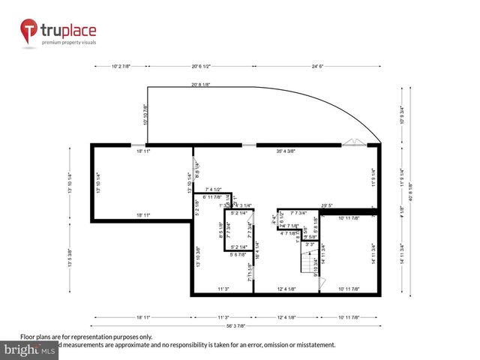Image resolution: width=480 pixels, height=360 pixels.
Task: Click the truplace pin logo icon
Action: coord(29,32)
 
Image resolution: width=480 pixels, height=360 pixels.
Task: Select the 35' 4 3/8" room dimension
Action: coord(286,151)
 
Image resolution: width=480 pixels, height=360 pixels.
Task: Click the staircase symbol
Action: coord(306,262)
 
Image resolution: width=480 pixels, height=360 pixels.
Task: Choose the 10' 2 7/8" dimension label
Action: coord(121,66)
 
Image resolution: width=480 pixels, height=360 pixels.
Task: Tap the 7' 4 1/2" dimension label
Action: coord(207,189)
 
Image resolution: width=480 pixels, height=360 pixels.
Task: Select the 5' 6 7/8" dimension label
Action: coord(239,255)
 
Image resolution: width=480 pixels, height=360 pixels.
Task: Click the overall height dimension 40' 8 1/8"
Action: coord(410,184)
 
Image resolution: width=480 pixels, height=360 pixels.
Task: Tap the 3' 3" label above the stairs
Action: coord(310,244)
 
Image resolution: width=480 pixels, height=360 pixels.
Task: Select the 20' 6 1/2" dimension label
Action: coord(205,66)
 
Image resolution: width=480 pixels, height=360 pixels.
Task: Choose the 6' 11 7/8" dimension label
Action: coord(207,196)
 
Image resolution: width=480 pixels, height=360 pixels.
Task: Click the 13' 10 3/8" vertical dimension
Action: coord(199,257)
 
